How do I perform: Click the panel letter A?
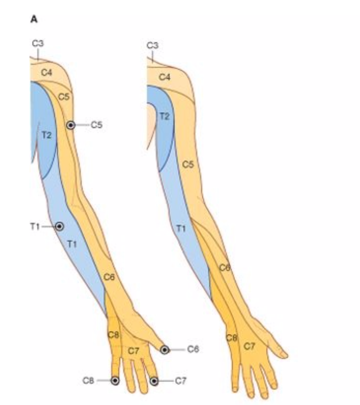(34, 19)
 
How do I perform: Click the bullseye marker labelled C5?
(71, 125)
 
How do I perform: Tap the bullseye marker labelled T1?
(59, 226)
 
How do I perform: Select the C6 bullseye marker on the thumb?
(165, 350)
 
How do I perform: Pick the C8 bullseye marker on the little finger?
(115, 380)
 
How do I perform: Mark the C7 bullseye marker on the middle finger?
(154, 381)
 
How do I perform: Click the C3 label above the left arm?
(38, 43)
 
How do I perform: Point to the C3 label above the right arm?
(152, 45)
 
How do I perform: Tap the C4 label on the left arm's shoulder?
(47, 72)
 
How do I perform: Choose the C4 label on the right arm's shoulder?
(165, 77)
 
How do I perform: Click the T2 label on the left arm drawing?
(47, 135)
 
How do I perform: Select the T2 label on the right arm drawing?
(164, 116)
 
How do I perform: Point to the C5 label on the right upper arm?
(188, 164)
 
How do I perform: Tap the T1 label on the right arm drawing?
(181, 229)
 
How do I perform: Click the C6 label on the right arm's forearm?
(225, 268)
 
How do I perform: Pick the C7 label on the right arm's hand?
(249, 346)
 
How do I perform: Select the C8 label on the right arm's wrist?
(232, 337)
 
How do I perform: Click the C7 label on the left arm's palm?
(133, 351)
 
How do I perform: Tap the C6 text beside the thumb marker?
(193, 349)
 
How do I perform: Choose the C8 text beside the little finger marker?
(88, 380)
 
